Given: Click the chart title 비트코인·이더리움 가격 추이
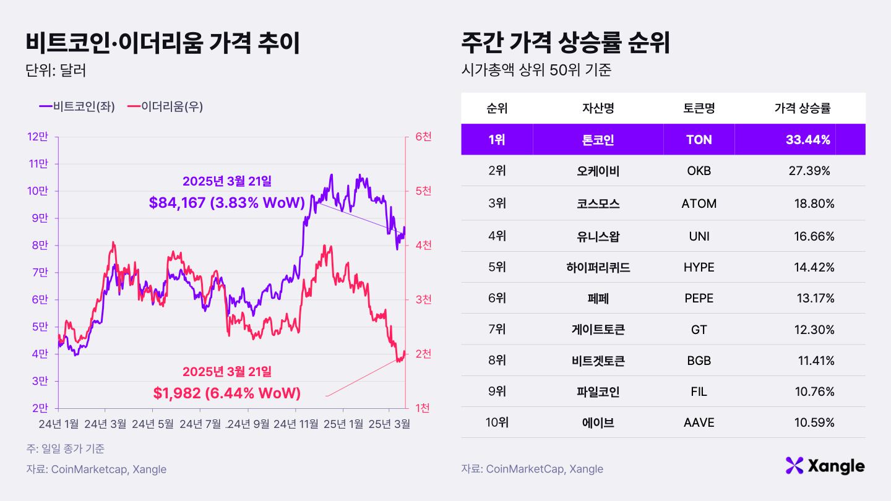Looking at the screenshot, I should (163, 43).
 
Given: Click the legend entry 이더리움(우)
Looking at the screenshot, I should (165, 106).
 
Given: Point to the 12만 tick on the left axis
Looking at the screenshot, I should (38, 137).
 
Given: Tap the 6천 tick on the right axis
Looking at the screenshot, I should (423, 137).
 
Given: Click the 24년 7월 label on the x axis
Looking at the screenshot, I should (200, 424).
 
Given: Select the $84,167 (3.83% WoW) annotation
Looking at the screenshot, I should (227, 202).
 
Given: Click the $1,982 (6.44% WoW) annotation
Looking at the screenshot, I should (226, 393).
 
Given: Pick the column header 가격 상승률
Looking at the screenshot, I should (802, 108).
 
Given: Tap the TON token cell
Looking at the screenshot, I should (699, 140).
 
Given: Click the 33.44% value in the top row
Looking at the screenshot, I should (808, 140).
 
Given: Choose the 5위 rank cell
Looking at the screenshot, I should (496, 267).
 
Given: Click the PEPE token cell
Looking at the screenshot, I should (699, 299).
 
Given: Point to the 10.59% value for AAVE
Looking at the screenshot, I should (815, 423).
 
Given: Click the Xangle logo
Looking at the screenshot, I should (825, 466).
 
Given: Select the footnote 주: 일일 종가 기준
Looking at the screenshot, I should (66, 448).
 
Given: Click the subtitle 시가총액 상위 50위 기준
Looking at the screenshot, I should (536, 70).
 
